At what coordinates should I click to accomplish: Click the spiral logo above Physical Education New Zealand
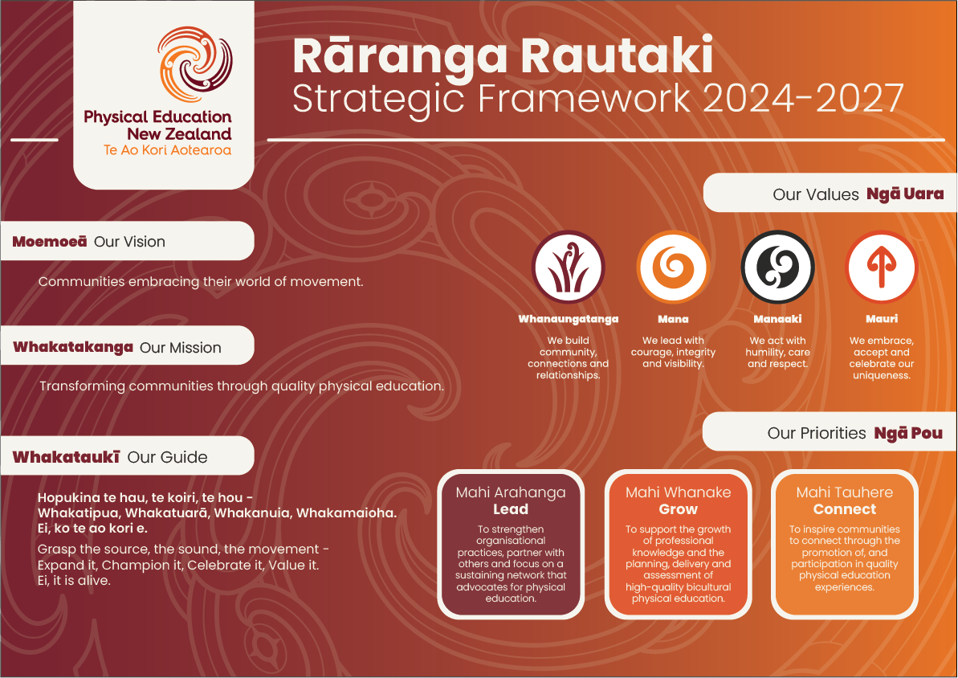pyautogui.click(x=195, y=63)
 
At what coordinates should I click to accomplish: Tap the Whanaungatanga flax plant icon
pyautogui.click(x=569, y=268)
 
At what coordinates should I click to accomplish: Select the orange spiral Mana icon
pyautogui.click(x=673, y=268)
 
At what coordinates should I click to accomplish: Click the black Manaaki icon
pyautogui.click(x=778, y=268)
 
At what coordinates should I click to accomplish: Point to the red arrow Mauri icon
pyautogui.click(x=882, y=268)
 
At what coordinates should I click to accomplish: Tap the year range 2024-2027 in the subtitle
pyautogui.click(x=804, y=98)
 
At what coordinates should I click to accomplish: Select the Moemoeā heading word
pyautogui.click(x=50, y=242)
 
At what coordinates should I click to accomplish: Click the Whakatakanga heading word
pyautogui.click(x=73, y=347)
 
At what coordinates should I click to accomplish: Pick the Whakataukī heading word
pyautogui.click(x=66, y=457)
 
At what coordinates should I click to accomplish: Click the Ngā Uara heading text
pyautogui.click(x=905, y=194)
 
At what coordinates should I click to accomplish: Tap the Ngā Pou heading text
pyautogui.click(x=908, y=434)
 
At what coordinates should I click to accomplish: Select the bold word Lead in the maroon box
pyautogui.click(x=511, y=509)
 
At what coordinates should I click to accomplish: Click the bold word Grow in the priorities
pyautogui.click(x=679, y=509)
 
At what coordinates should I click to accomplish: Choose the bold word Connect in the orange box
pyautogui.click(x=844, y=509)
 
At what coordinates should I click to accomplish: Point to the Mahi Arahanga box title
pyautogui.click(x=511, y=492)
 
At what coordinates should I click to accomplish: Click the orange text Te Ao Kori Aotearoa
pyautogui.click(x=167, y=150)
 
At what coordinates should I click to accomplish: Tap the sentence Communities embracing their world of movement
pyautogui.click(x=201, y=282)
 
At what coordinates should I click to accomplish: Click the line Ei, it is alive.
pyautogui.click(x=74, y=581)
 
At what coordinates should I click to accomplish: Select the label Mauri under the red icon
pyautogui.click(x=882, y=319)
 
